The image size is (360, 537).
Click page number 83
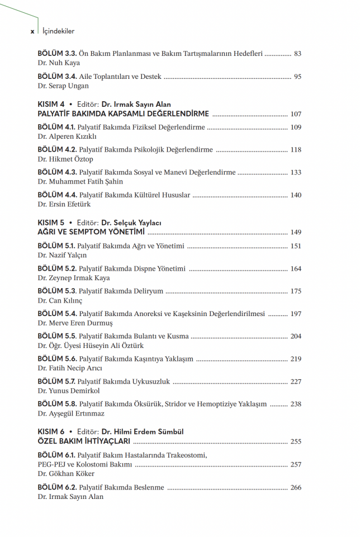tap(297, 54)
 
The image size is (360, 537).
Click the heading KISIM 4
tap(51, 105)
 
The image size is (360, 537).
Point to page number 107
tap(296, 114)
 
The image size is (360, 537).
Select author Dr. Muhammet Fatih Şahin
tap(80, 182)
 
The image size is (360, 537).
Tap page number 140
tap(296, 195)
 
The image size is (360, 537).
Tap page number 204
tap(296, 336)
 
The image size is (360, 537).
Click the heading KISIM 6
tap(51, 432)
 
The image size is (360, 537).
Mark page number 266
tap(296, 488)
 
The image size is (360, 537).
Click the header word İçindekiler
tap(58, 31)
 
